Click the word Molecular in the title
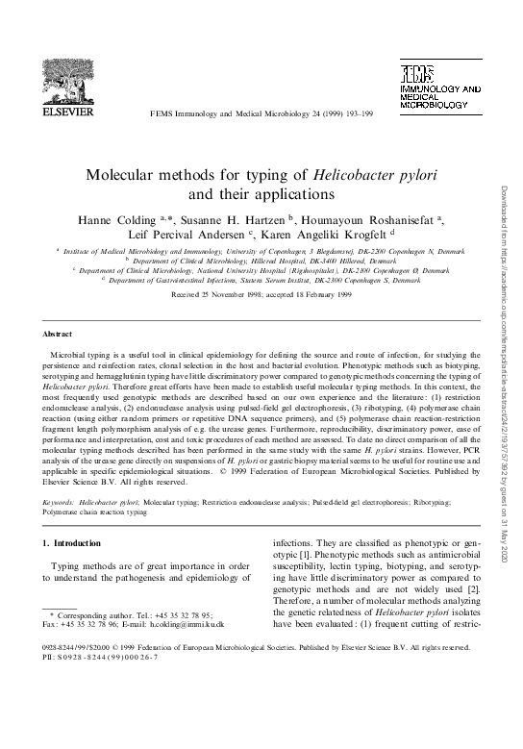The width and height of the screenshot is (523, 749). pos(128,175)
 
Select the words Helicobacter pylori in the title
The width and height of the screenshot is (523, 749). pos(372,175)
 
